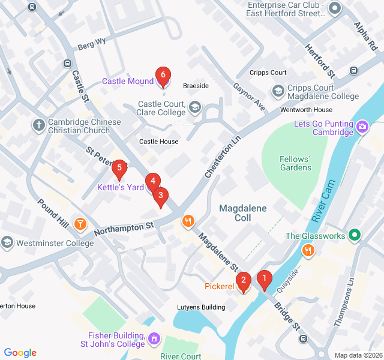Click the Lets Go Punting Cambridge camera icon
point(362,127)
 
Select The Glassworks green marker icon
point(355,236)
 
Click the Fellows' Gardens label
point(295,163)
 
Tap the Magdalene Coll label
point(243,213)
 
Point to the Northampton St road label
point(124,228)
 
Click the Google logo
point(20,353)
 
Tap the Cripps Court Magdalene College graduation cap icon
point(278,91)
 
